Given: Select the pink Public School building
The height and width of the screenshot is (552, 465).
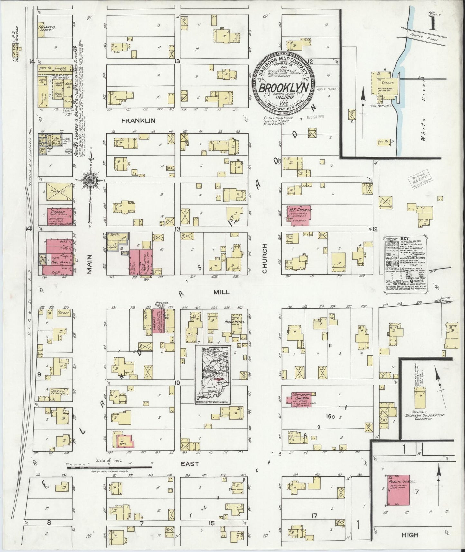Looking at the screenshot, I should coord(400,494).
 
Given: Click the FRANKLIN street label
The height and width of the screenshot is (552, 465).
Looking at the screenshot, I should coord(138,120).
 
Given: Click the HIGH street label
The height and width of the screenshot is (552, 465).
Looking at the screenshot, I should coord(410,535).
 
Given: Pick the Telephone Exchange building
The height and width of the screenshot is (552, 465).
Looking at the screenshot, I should coord(57,392).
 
